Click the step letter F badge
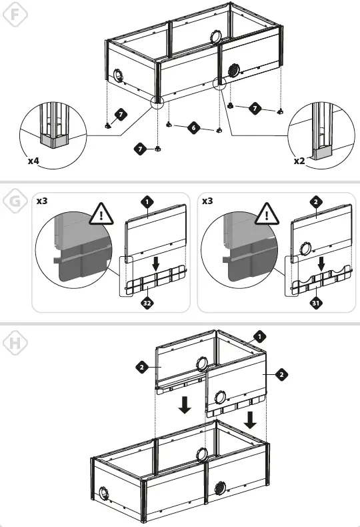pyautogui.click(x=15, y=14)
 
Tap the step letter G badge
pyautogui.click(x=15, y=201)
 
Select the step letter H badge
pyautogui.click(x=15, y=344)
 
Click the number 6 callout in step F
pyautogui.click(x=193, y=127)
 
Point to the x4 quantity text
pyautogui.click(x=33, y=161)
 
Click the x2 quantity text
pyautogui.click(x=299, y=161)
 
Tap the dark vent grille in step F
pyautogui.click(x=233, y=70)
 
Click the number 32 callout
pyautogui.click(x=147, y=304)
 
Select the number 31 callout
pyautogui.click(x=315, y=304)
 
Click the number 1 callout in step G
pyautogui.click(x=147, y=202)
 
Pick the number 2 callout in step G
pyautogui.click(x=315, y=202)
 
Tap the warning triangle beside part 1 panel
pyautogui.click(x=101, y=214)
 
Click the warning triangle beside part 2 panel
pyautogui.click(x=267, y=214)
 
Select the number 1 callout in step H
pyautogui.click(x=259, y=336)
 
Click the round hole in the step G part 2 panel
pyautogui.click(x=305, y=249)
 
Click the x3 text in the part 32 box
pyautogui.click(x=42, y=201)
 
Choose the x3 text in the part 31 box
pyautogui.click(x=207, y=201)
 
